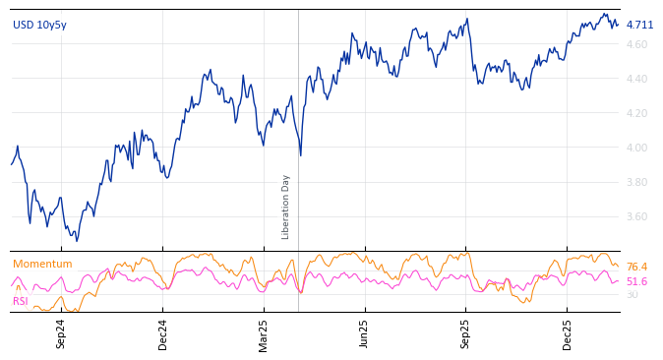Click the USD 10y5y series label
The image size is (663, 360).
[39, 26]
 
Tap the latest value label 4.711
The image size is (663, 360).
[639, 25]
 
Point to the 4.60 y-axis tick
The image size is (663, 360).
[636, 45]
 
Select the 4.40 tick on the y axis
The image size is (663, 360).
[636, 80]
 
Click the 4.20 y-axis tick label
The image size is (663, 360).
[636, 114]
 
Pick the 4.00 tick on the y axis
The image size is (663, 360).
[636, 149]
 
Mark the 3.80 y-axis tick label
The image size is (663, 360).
[636, 183]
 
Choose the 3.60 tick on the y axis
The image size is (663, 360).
[636, 217]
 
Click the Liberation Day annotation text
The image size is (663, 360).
[286, 207]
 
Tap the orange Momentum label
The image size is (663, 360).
[42, 265]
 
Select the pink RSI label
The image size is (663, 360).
[21, 301]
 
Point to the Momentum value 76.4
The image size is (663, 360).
[636, 268]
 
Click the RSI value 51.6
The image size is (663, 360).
[636, 282]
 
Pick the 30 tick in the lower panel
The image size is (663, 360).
[632, 295]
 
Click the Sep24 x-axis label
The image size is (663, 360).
[61, 333]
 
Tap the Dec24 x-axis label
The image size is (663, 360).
[163, 333]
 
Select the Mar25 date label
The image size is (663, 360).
[264, 333]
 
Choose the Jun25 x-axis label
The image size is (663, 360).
[364, 333]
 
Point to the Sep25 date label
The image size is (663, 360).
[466, 333]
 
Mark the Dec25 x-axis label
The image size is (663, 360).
[568, 333]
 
